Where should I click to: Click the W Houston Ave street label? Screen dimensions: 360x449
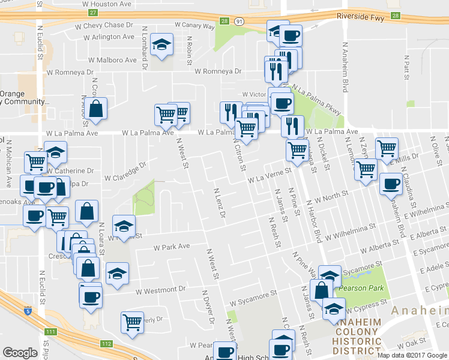tap(109, 3)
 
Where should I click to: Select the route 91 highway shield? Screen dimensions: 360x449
tap(240, 22)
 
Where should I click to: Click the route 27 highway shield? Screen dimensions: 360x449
tap(92, 13)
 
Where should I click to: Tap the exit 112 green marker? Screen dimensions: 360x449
tap(106, 344)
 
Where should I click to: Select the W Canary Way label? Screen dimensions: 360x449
tap(194, 26)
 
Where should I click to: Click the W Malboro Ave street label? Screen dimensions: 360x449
tap(112, 60)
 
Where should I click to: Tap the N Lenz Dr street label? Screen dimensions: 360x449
tap(219, 202)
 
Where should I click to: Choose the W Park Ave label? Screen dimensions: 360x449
tap(172, 246)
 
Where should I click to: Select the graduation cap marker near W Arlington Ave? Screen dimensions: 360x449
tap(161, 46)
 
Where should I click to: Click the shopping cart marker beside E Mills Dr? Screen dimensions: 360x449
tap(387, 148)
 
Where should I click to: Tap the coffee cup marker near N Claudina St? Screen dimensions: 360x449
tap(391, 184)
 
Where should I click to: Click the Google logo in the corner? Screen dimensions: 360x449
tap(20, 353)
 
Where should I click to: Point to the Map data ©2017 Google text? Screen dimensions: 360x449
tap(412, 355)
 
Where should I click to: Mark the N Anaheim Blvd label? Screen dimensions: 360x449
tap(345, 66)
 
